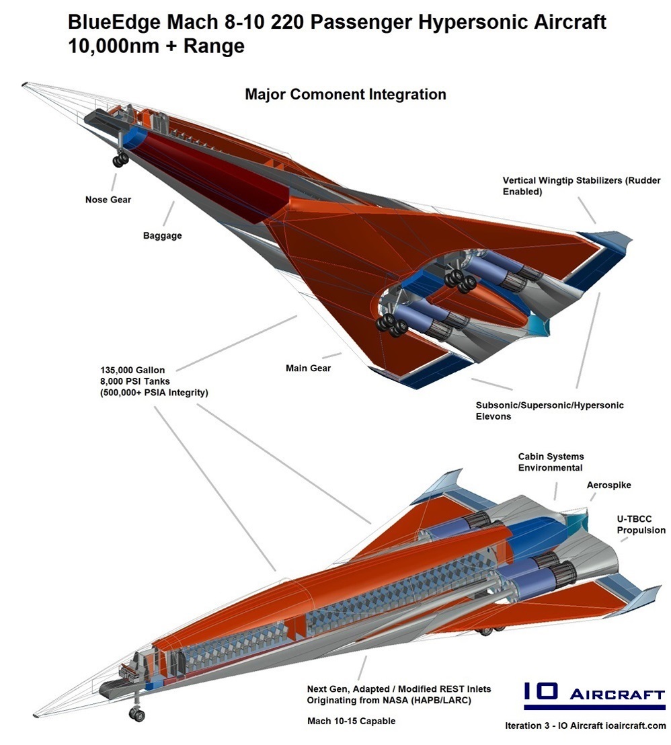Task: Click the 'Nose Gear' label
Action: click(x=108, y=200)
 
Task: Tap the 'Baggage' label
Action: click(x=162, y=236)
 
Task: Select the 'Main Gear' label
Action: click(x=308, y=368)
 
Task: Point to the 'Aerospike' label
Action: click(x=608, y=485)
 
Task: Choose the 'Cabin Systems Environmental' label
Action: click(x=550, y=462)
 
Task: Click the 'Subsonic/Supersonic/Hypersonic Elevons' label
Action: click(x=549, y=410)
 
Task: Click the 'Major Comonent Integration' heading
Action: click(x=345, y=94)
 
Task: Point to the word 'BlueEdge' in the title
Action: click(x=111, y=22)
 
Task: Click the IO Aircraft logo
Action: click(x=594, y=696)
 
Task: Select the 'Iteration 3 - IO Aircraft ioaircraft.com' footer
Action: click(x=585, y=726)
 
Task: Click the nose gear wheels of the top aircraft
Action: click(x=121, y=159)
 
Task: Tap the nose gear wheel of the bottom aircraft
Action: click(x=137, y=715)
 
